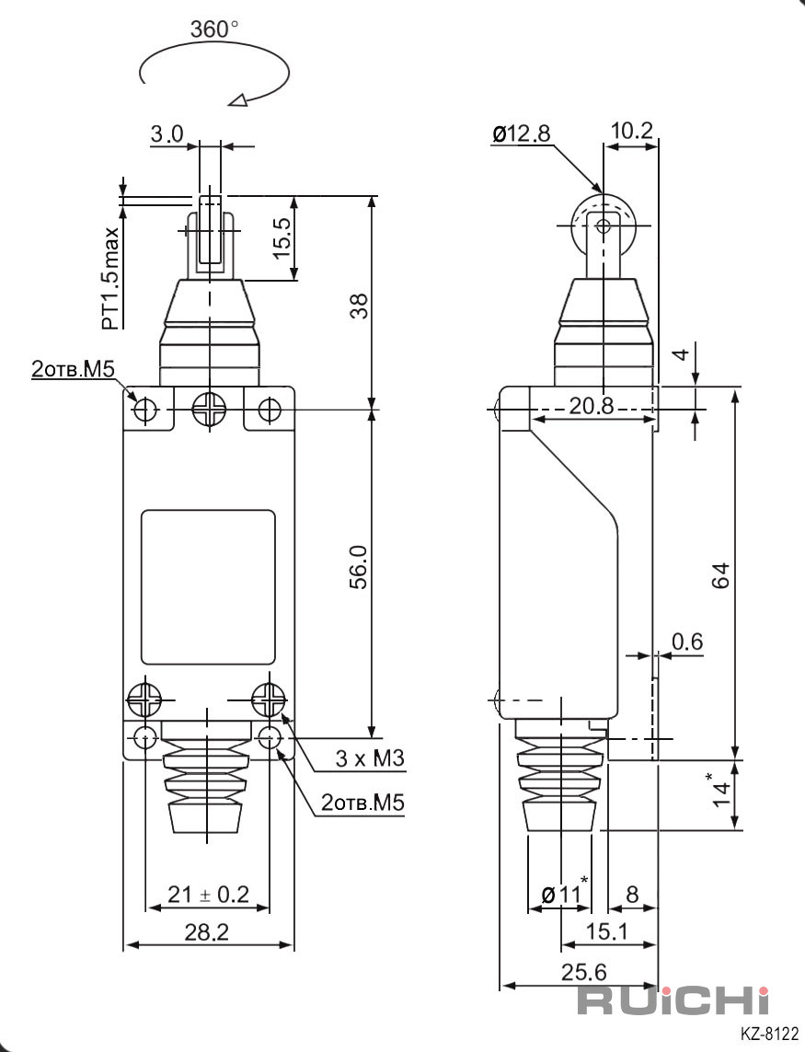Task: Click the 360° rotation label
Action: click(214, 29)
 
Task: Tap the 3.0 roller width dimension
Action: click(167, 134)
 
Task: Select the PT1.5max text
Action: click(111, 279)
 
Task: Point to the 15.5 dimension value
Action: click(282, 237)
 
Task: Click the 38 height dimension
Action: click(361, 306)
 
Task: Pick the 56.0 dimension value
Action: click(360, 567)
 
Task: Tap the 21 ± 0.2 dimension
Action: click(208, 894)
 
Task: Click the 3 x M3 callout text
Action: click(370, 758)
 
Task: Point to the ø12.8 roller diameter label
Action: click(522, 134)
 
